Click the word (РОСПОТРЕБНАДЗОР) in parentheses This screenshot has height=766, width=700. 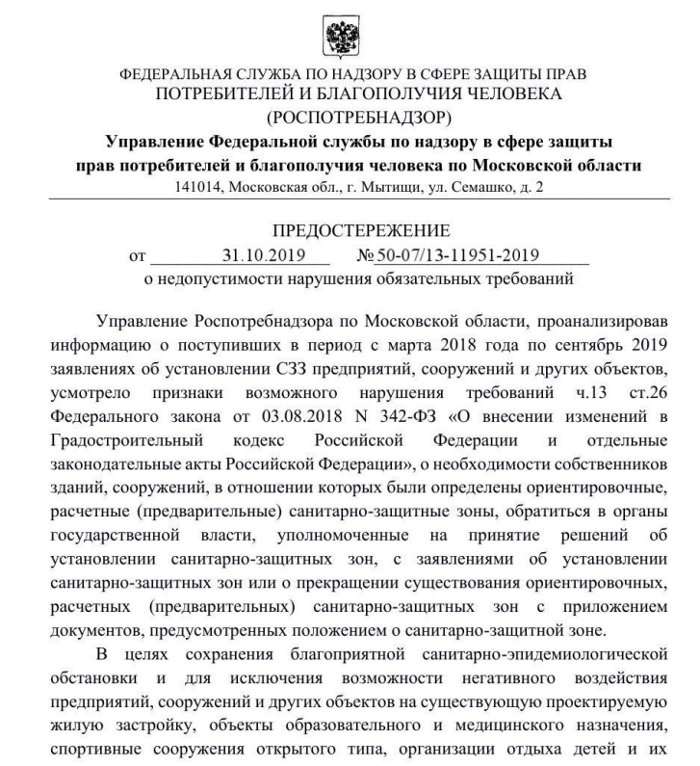tap(350, 119)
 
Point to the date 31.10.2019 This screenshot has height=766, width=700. tap(263, 256)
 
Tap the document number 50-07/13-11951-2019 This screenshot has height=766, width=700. tap(456, 256)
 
